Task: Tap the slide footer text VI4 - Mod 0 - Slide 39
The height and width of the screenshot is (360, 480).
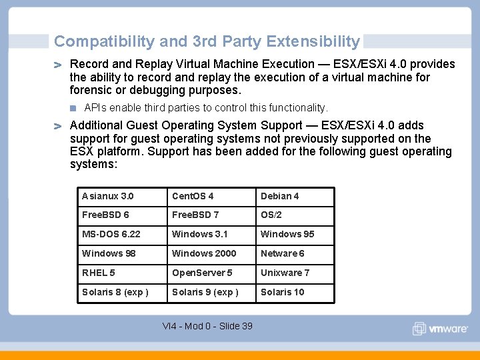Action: point(207,326)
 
